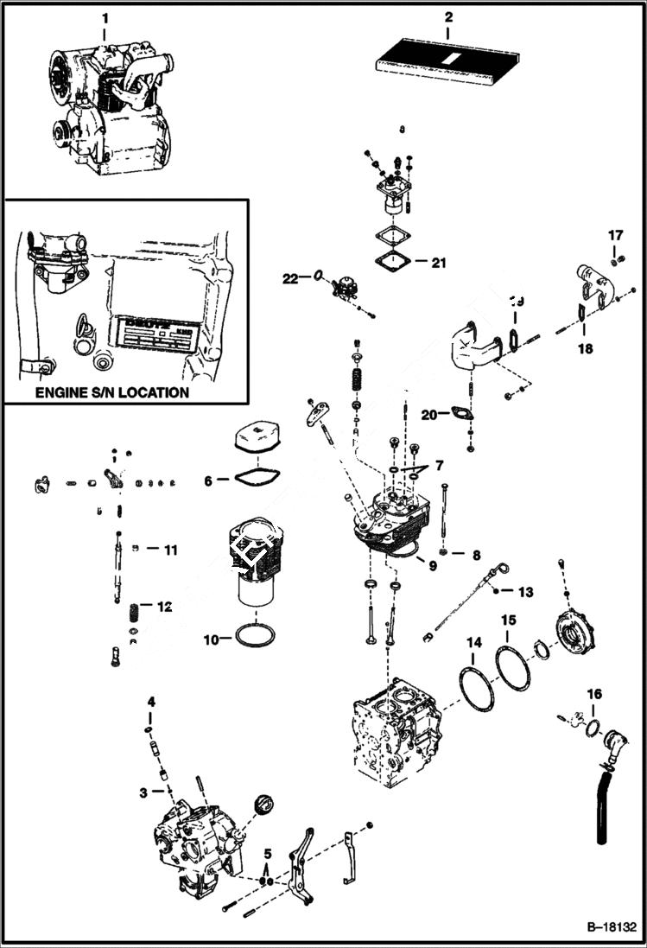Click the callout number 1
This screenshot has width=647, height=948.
coord(105,16)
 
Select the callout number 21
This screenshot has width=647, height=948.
coord(439,263)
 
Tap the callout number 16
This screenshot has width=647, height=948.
coord(594,694)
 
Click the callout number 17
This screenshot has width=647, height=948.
coord(614,234)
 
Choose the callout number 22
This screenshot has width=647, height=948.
coord(289,277)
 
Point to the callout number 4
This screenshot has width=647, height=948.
coord(150,701)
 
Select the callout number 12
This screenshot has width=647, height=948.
coord(163,607)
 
